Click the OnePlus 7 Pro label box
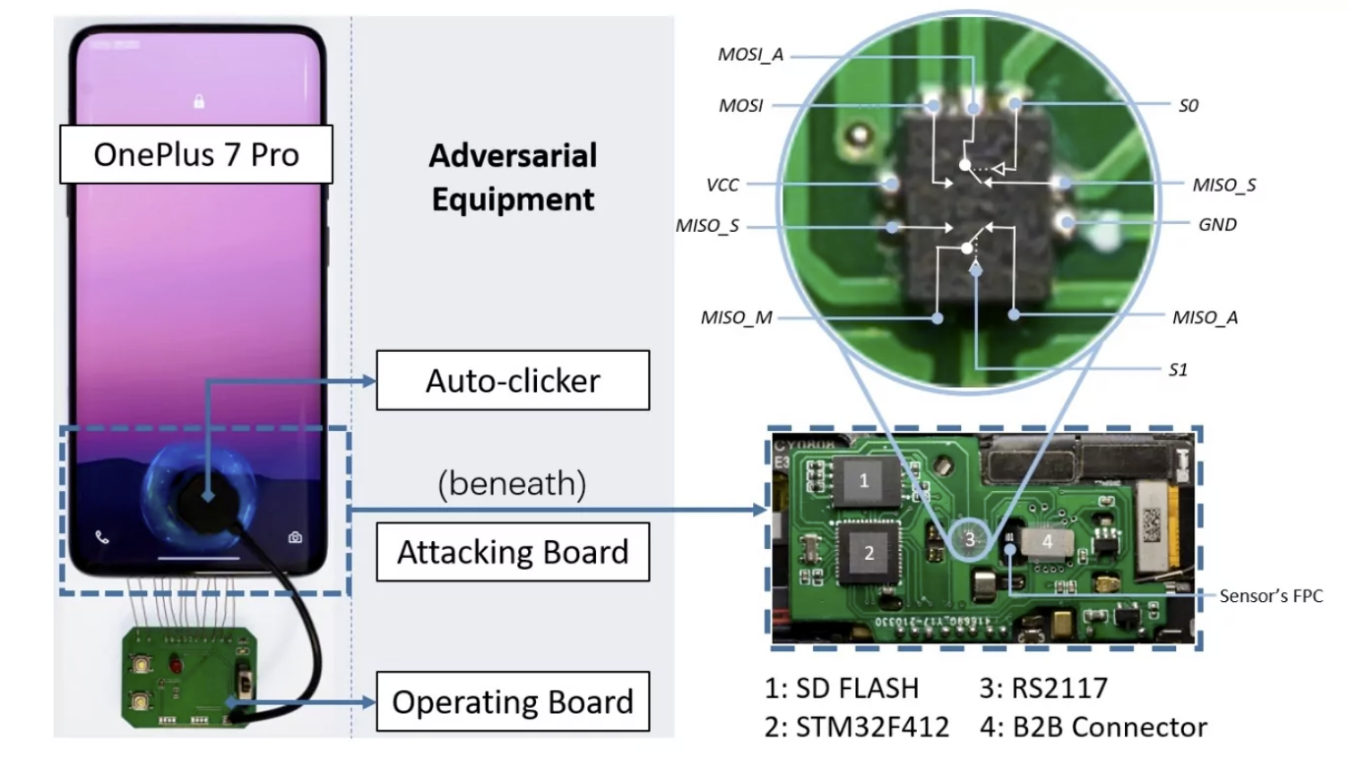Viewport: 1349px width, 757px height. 195,155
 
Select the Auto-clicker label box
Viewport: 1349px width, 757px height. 513,381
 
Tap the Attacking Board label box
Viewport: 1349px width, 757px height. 513,552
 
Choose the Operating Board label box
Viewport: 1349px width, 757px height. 513,701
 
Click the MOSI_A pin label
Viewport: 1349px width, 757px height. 750,55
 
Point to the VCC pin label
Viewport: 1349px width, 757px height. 722,185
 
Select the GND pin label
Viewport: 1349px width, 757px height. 1217,225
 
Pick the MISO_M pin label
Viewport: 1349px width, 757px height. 736,318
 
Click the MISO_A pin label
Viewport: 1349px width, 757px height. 1205,317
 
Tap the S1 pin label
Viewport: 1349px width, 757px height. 1178,370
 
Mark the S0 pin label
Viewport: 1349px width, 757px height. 1189,106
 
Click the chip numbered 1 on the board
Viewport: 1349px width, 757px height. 864,481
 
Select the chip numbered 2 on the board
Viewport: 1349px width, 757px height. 868,553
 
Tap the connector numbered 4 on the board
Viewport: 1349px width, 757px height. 1047,541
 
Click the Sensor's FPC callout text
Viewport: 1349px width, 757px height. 1270,596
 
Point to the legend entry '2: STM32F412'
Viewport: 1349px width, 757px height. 856,727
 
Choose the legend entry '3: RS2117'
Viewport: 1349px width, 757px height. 1043,688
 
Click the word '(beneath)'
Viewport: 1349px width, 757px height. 512,484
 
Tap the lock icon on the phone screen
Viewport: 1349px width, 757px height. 199,101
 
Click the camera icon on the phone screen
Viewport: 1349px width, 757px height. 295,538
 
